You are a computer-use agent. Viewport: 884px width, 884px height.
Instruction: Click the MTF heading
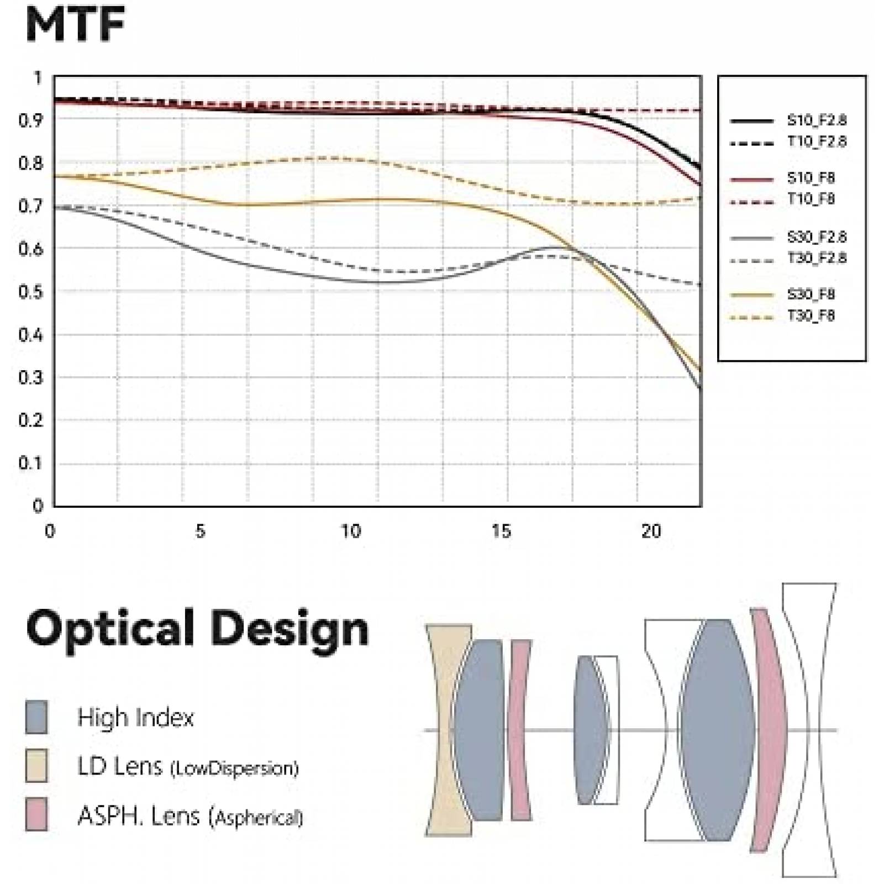tap(75, 24)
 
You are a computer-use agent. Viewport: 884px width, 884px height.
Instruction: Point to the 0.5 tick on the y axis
tap(31, 292)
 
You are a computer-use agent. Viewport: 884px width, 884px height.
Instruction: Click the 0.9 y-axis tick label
tap(31, 120)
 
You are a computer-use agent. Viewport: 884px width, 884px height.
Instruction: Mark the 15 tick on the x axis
tap(501, 532)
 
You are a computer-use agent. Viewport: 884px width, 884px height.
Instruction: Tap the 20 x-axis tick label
tap(651, 532)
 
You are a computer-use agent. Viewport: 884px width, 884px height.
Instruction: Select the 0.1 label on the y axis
tap(31, 463)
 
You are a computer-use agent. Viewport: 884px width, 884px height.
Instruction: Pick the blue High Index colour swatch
tap(36, 717)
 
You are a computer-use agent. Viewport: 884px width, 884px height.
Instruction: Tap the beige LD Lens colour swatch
tap(36, 766)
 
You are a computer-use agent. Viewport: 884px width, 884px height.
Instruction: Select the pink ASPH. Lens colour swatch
tap(36, 814)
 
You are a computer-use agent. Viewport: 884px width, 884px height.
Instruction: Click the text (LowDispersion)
tap(234, 769)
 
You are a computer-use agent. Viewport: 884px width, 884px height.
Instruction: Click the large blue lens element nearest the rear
tap(717, 729)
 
